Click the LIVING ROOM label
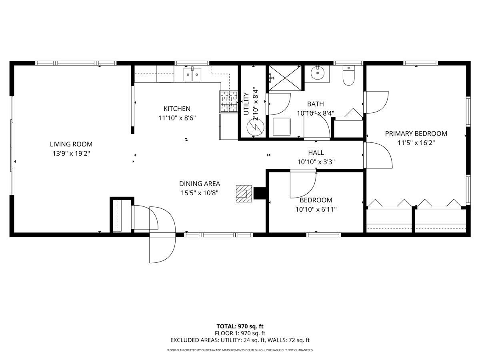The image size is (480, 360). click(71, 144)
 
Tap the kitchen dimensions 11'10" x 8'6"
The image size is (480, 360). click(177, 118)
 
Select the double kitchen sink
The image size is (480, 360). click(192, 74)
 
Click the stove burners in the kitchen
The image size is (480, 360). click(229, 102)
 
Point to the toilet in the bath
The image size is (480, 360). click(348, 76)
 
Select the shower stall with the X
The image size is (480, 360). click(285, 78)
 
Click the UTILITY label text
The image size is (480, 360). click(246, 104)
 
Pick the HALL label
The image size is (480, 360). click(316, 152)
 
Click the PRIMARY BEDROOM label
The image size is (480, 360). click(416, 134)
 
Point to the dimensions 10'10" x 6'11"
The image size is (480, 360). click(316, 209)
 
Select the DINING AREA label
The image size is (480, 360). click(200, 184)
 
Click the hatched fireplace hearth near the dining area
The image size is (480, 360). click(244, 194)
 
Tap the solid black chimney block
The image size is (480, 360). click(260, 194)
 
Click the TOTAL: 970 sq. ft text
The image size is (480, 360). click(240, 326)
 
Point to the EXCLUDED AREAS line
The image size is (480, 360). click(240, 340)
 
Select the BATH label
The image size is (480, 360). click(315, 104)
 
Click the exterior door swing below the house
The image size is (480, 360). click(162, 249)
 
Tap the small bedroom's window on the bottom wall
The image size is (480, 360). click(324, 235)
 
